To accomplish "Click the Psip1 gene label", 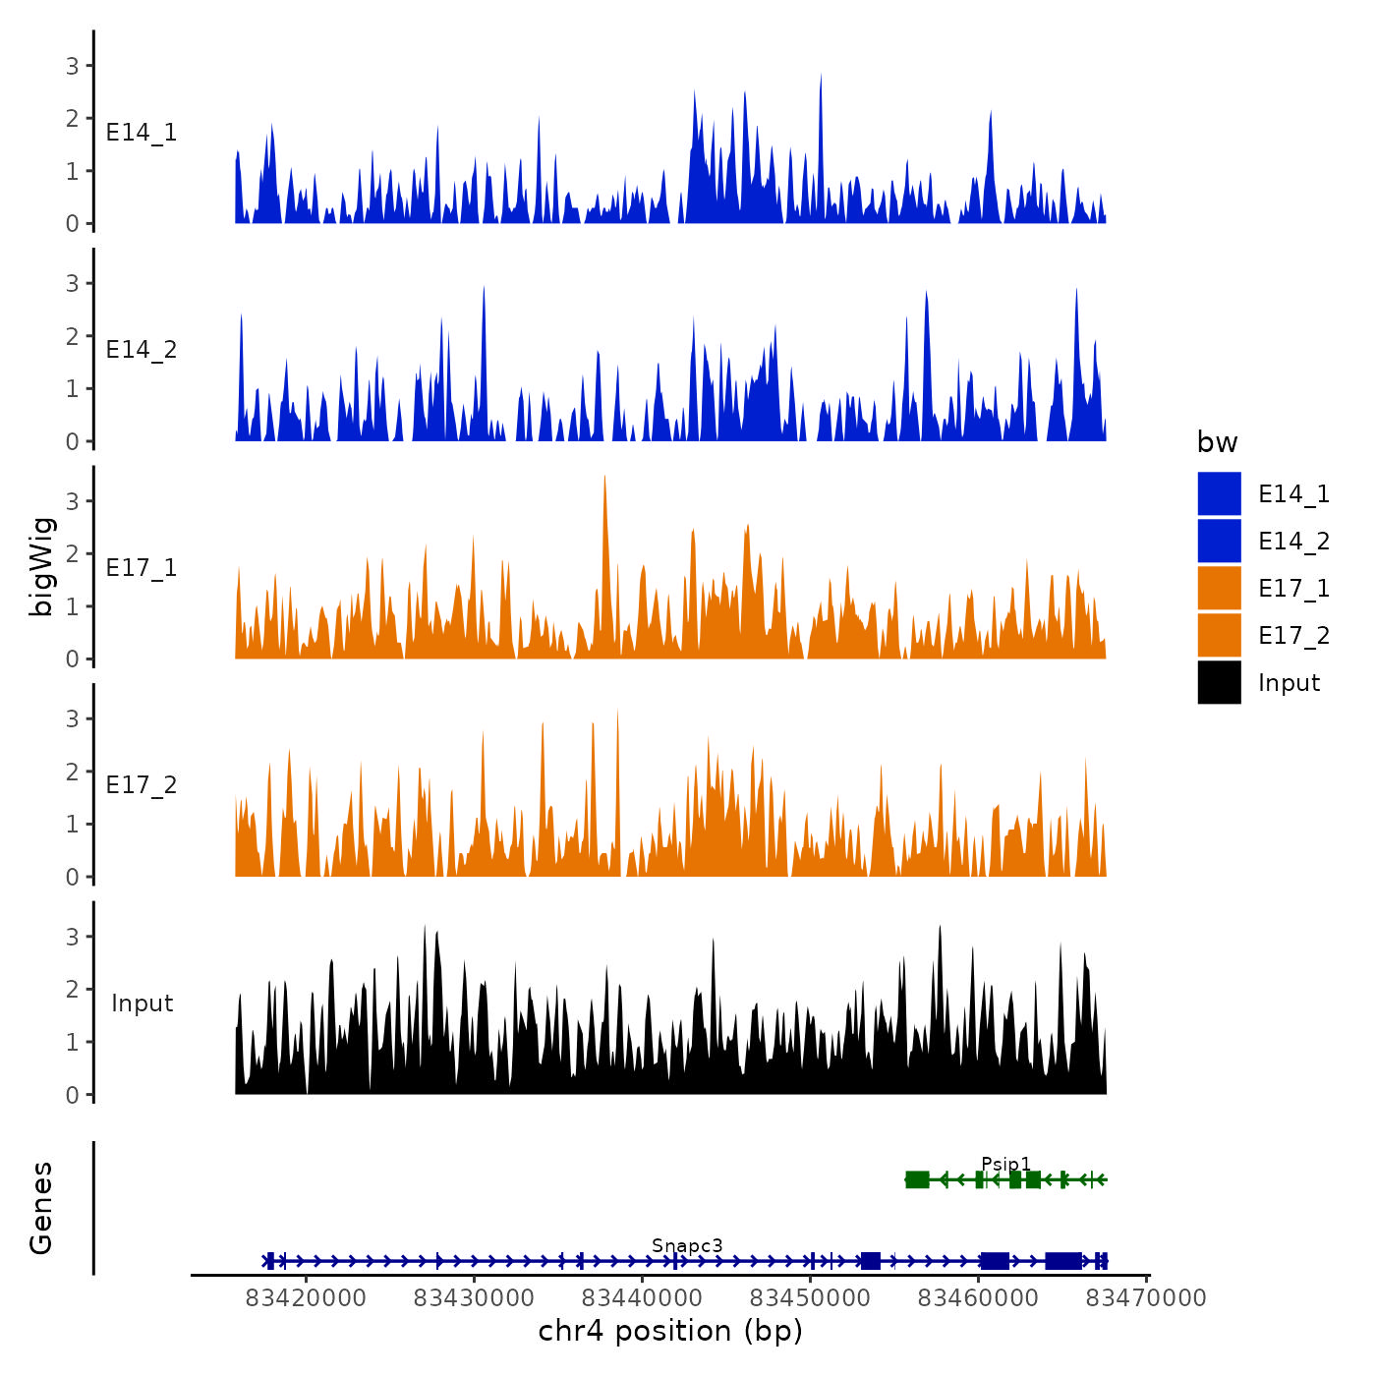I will click(x=1005, y=1165).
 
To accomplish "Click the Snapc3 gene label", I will click(x=687, y=1246).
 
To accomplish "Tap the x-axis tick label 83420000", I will click(x=306, y=1298).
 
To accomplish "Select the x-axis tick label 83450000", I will click(x=811, y=1298).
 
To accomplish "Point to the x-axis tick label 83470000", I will click(x=1146, y=1298).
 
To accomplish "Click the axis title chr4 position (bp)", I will click(x=670, y=1332).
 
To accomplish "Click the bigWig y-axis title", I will click(x=42, y=566).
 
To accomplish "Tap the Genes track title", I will click(x=42, y=1208).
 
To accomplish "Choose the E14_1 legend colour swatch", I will click(x=1219, y=493).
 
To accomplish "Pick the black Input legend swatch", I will click(x=1219, y=682).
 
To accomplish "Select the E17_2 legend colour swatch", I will click(x=1219, y=635).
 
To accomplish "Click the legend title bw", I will click(x=1217, y=443).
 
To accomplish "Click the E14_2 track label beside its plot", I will click(x=142, y=350).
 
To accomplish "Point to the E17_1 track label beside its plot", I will click(x=142, y=568).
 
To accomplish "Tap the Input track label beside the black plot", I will click(x=142, y=1003).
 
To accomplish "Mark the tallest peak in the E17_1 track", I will click(x=604, y=479).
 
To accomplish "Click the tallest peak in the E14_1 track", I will click(x=821, y=77).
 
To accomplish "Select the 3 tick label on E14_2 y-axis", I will click(x=73, y=284).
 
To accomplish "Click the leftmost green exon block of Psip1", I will click(x=917, y=1179).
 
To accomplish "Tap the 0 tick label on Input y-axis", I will click(x=73, y=1095).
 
